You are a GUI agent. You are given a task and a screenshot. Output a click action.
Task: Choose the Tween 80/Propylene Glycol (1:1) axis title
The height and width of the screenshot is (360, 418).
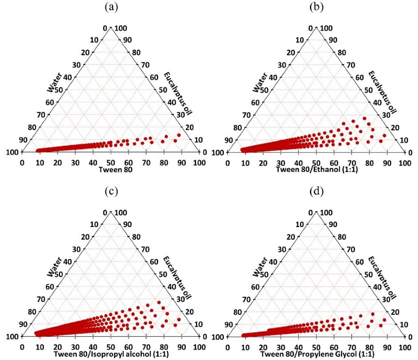(316, 354)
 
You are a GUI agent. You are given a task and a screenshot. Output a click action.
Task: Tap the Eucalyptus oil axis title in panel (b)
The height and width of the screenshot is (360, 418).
(382, 92)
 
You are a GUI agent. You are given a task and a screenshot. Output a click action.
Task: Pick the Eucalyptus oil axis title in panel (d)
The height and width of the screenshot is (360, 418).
(382, 276)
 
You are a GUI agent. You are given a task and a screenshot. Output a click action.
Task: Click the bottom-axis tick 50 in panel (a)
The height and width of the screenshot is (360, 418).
(111, 163)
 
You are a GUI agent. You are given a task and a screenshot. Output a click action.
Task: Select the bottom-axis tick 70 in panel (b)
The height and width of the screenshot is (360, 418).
(352, 163)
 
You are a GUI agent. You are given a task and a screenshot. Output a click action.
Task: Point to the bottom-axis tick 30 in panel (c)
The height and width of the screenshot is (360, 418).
(75, 347)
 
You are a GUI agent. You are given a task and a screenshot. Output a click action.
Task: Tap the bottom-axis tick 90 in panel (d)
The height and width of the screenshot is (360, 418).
(387, 347)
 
